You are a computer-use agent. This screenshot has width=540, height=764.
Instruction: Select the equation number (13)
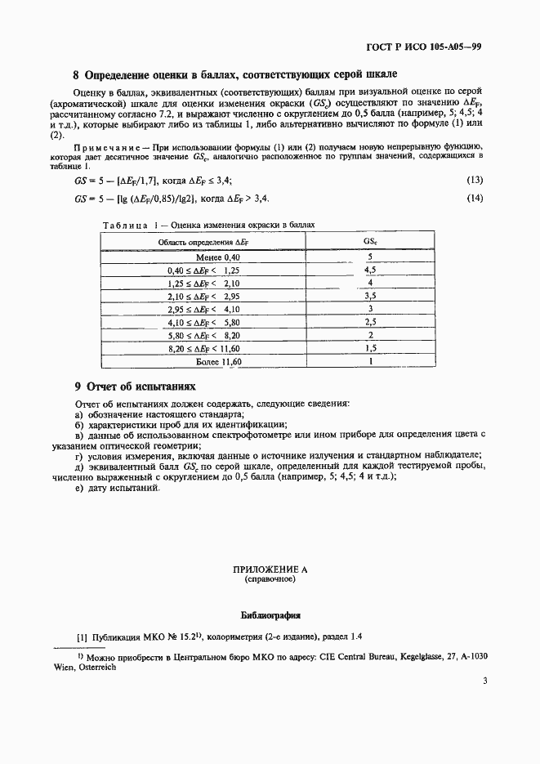[475, 181]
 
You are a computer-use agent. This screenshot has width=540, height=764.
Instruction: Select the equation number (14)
[475, 199]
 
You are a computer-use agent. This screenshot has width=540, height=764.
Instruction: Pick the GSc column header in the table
[369, 243]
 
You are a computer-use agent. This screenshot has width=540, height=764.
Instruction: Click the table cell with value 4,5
[369, 270]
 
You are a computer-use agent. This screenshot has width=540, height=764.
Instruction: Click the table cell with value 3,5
[369, 296]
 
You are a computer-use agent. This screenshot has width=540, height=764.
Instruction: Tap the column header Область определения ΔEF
[203, 243]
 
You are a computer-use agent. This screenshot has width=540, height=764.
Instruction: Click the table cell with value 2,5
[369, 322]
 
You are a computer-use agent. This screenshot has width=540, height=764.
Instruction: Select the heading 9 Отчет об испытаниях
[135, 386]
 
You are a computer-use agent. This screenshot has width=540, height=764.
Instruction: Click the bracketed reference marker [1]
[82, 637]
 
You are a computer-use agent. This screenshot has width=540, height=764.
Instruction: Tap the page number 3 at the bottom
[484, 681]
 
